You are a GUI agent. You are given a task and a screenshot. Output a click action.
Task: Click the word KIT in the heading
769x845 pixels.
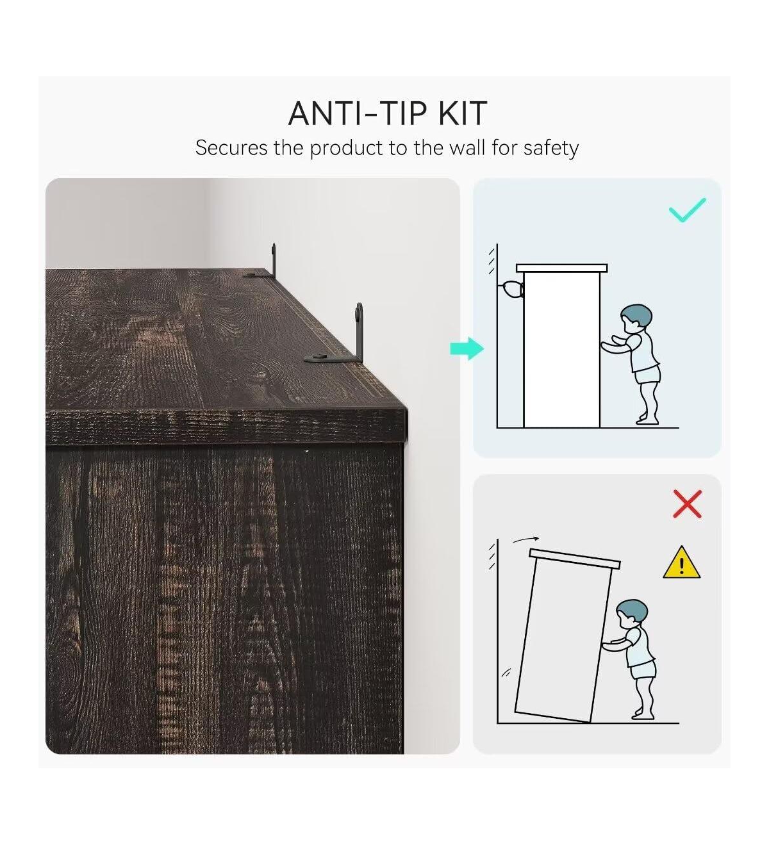[463, 113]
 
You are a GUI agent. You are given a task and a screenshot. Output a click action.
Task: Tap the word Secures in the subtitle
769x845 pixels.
[231, 148]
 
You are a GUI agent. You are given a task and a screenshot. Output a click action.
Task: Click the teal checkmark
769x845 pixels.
[687, 209]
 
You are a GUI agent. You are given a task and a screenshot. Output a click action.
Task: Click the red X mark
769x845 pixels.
[687, 504]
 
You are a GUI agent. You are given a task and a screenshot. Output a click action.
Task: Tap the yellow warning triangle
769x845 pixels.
[681, 562]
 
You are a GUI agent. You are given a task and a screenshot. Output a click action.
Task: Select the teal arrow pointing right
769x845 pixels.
[467, 349]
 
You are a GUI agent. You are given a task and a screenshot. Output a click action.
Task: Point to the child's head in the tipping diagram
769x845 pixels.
[631, 614]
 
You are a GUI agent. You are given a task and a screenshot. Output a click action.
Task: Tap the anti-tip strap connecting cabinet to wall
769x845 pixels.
[511, 289]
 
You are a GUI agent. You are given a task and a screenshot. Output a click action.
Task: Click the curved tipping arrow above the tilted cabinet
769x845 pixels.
[525, 539]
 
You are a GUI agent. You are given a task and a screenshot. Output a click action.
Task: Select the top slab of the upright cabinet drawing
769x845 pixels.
[561, 268]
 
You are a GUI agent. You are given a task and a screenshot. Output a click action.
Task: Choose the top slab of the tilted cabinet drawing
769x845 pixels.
[575, 559]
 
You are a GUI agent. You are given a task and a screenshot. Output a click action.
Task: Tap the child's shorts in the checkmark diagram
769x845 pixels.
[648, 375]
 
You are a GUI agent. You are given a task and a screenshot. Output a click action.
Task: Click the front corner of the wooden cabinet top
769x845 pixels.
[406, 409]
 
